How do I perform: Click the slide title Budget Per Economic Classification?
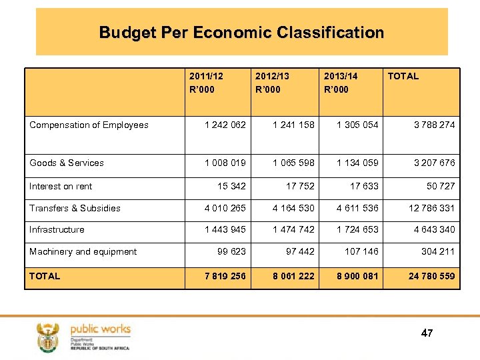click(x=241, y=33)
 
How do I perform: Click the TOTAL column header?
click(x=403, y=76)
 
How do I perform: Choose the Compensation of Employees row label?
click(x=89, y=125)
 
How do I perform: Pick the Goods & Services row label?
click(x=67, y=163)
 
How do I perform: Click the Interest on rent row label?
click(x=61, y=186)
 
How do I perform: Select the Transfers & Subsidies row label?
click(x=75, y=208)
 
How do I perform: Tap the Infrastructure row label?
click(x=57, y=229)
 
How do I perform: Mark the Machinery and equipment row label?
click(x=83, y=251)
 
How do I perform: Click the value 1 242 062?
click(x=225, y=125)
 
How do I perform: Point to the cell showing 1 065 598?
click(x=293, y=163)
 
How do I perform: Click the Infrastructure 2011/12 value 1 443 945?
click(x=225, y=229)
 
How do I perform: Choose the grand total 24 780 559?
click(x=431, y=276)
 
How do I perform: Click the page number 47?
click(x=427, y=333)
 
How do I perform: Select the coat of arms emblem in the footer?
click(x=48, y=336)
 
